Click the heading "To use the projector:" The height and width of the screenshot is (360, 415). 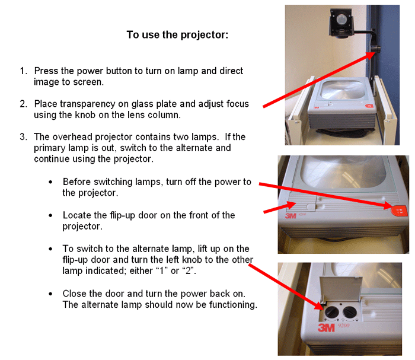click(x=177, y=34)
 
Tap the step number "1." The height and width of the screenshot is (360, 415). click(x=24, y=71)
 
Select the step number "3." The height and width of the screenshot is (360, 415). click(x=23, y=137)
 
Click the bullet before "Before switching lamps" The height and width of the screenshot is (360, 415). click(x=50, y=182)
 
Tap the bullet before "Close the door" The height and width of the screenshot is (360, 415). click(x=50, y=294)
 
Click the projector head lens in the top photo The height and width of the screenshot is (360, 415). click(x=341, y=19)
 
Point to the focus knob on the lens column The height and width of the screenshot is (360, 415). click(x=376, y=49)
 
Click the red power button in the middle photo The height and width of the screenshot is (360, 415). click(x=399, y=211)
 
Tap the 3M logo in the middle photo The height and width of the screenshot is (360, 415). click(x=290, y=216)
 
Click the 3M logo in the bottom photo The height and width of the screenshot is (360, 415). click(x=326, y=328)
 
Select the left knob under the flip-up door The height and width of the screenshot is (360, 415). click(x=331, y=312)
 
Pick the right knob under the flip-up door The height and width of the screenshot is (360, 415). click(x=349, y=313)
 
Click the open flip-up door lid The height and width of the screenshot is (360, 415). click(x=341, y=288)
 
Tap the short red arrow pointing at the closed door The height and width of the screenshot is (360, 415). click(x=279, y=207)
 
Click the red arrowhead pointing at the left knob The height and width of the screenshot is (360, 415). click(x=318, y=305)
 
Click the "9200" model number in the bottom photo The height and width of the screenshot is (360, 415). click(x=343, y=326)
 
